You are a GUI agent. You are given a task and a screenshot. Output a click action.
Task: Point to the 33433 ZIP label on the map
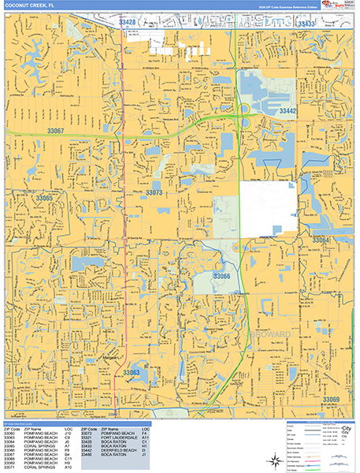tap(306, 24)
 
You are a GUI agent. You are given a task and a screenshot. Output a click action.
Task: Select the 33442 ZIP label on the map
tap(288, 112)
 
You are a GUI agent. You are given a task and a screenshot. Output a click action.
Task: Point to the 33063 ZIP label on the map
tap(132, 372)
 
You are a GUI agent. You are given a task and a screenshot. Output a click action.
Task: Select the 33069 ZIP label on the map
tap(332, 400)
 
